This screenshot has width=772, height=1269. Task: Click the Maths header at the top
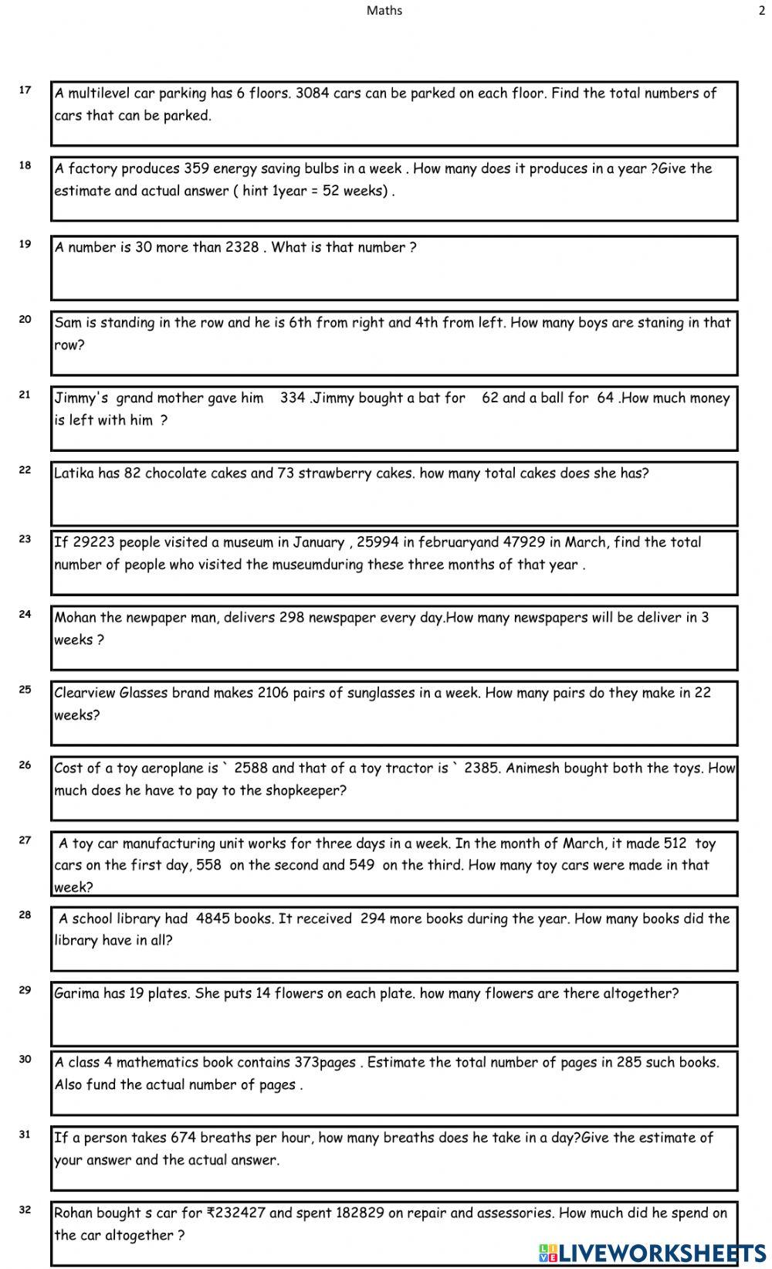[x=384, y=10]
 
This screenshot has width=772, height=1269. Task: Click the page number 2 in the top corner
[x=762, y=10]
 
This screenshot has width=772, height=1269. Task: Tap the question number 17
[x=25, y=90]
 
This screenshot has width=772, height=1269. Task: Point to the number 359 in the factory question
[x=196, y=168]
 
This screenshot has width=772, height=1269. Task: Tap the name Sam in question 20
[x=68, y=323]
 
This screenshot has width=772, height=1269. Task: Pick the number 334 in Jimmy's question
[x=293, y=398]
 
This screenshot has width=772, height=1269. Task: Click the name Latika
[x=74, y=473]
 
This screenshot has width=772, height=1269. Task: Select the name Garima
[x=76, y=993]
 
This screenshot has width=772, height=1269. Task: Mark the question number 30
[x=25, y=1059]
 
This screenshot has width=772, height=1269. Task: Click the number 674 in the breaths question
[x=184, y=1137]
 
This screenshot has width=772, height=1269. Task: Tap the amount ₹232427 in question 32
[x=236, y=1213]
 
